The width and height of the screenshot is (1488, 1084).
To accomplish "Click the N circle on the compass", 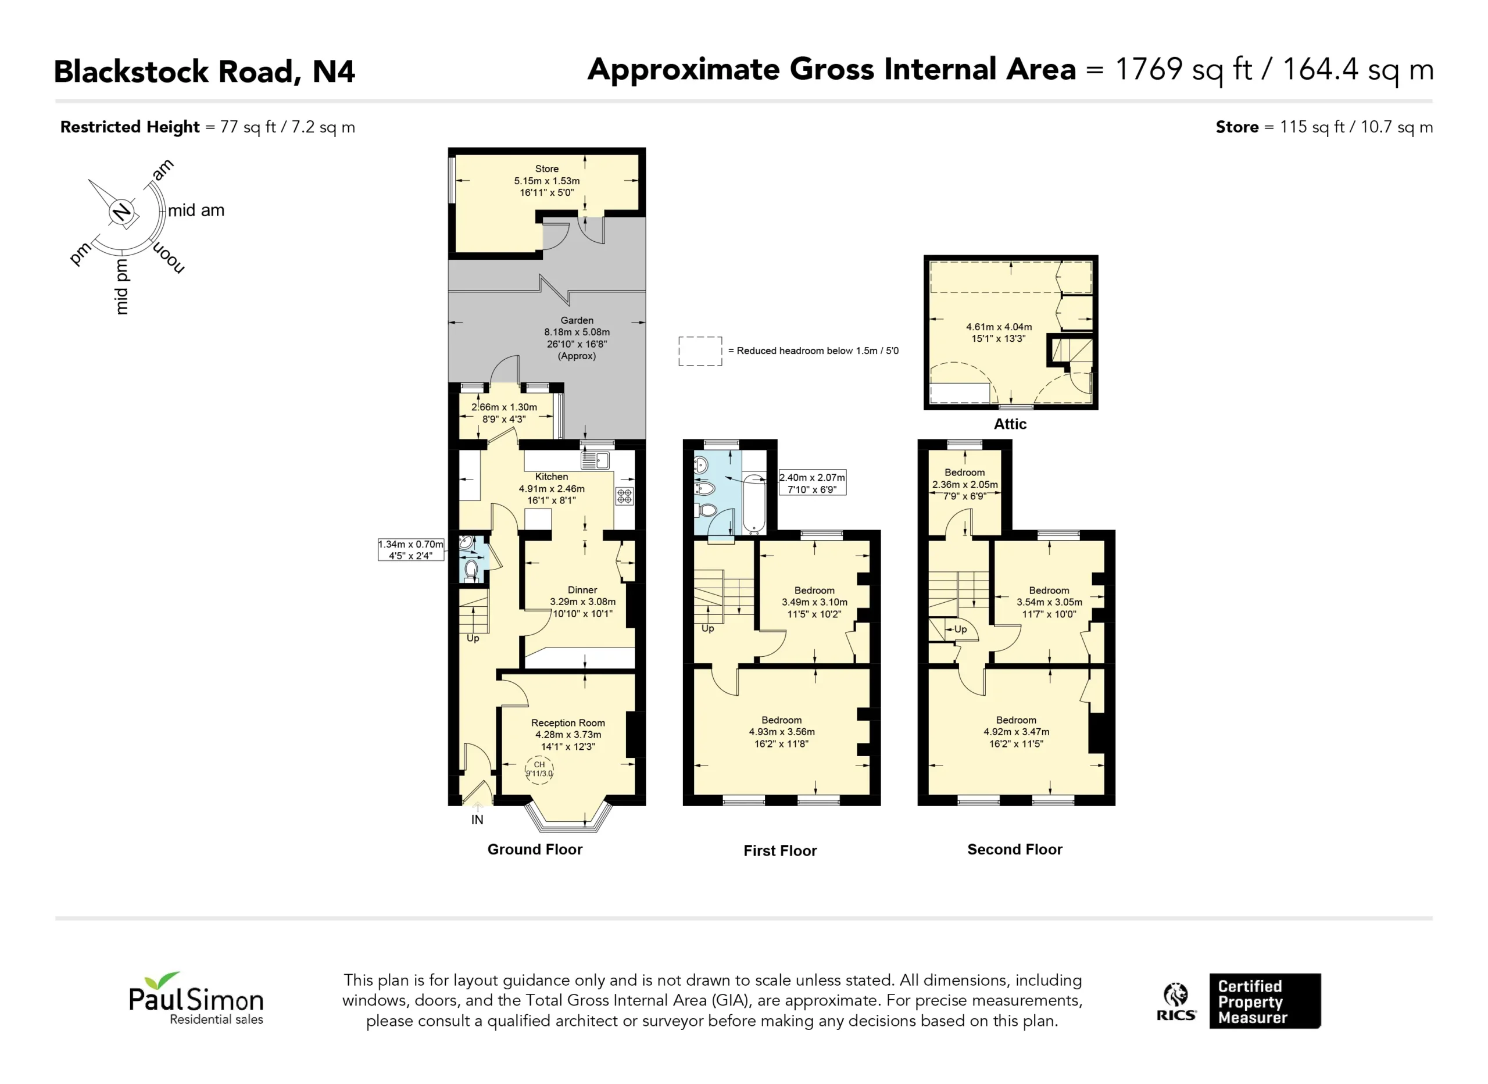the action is click(x=121, y=212).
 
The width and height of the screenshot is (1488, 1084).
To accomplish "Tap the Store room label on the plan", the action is click(x=546, y=169).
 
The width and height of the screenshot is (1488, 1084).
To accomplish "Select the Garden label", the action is click(x=577, y=320).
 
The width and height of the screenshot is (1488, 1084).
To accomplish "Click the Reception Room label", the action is click(x=567, y=722).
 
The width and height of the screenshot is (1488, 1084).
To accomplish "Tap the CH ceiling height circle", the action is click(x=539, y=768).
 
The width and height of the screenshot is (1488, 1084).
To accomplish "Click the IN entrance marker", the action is click(x=477, y=820).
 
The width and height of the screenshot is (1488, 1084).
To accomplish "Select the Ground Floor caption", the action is click(x=535, y=849).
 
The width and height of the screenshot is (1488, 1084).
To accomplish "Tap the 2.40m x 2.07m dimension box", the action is click(x=812, y=483).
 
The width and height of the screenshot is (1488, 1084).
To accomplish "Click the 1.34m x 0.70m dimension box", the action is click(x=411, y=550).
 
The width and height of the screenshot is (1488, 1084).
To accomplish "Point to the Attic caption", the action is click(x=1010, y=424).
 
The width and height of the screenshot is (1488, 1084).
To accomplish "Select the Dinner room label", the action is click(x=582, y=590).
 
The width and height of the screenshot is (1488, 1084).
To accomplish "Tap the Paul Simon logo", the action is click(x=196, y=998).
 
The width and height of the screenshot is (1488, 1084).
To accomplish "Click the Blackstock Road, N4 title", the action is click(x=204, y=71).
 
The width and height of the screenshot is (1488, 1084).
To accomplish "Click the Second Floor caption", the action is click(x=1014, y=849).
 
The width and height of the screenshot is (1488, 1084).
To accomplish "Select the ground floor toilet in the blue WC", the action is click(x=471, y=569).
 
